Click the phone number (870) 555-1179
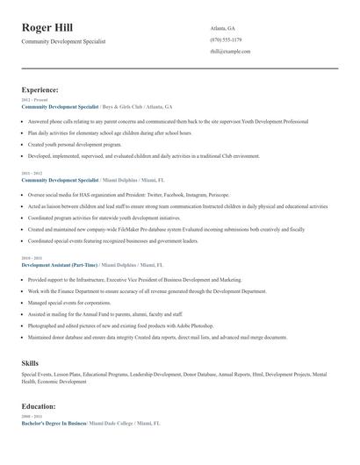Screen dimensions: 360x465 tap(227, 39)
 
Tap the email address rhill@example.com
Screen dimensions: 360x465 tap(230, 51)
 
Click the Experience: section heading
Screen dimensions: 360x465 tap(40, 89)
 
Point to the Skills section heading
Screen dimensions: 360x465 tap(30, 362)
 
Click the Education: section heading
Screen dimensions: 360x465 tap(40, 407)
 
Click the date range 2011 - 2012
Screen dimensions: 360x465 tap(31, 173)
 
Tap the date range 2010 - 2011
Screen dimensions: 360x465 tap(31, 258)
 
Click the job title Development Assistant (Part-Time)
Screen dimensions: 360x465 tap(60, 264)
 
